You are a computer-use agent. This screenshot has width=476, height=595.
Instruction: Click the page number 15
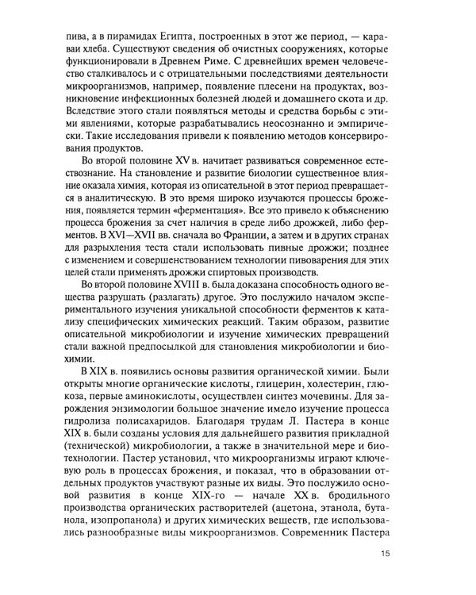(386, 554)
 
